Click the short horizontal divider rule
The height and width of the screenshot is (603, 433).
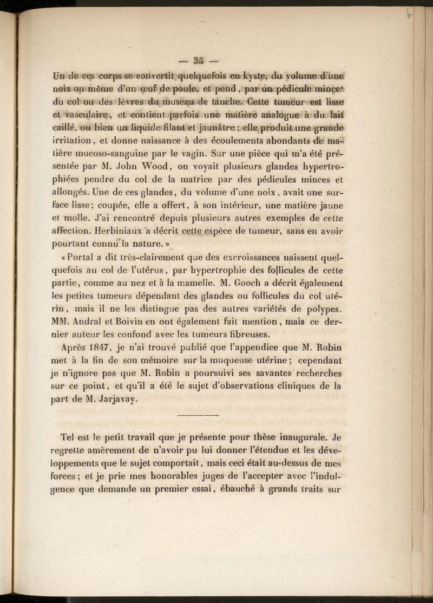click(x=198, y=415)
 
